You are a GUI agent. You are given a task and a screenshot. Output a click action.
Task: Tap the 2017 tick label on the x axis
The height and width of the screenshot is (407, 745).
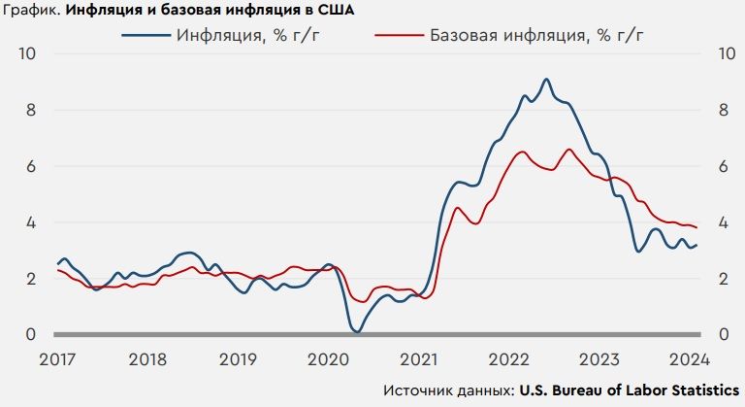(57, 358)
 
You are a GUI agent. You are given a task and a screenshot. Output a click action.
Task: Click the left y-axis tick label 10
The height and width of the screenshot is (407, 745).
(27, 53)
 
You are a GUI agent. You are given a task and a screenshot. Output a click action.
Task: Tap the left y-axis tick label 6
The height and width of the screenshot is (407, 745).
(31, 166)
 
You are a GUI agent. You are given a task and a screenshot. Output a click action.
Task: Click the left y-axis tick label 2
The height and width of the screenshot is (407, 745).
(31, 279)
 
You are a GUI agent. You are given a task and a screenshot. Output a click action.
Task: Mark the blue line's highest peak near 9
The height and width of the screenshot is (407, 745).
(546, 79)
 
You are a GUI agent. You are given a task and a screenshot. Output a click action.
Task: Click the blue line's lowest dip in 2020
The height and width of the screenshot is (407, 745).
(357, 332)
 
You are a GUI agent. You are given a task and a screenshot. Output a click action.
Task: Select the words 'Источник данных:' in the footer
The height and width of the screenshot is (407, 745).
(448, 390)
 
